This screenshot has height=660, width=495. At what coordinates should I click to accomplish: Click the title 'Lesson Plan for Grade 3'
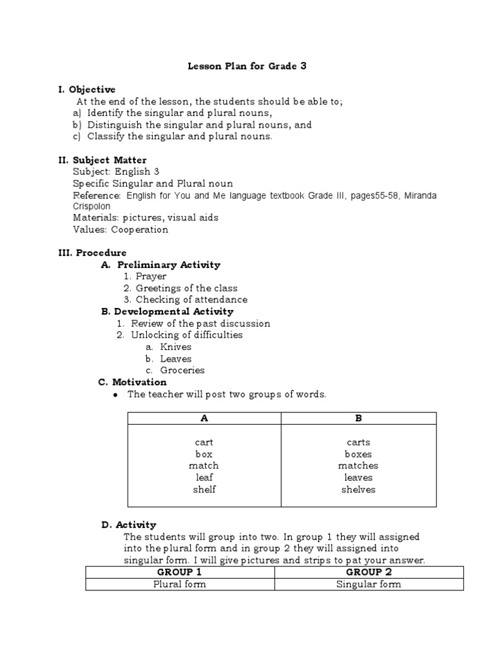tap(247, 66)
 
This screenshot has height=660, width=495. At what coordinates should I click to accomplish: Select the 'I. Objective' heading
tap(87, 90)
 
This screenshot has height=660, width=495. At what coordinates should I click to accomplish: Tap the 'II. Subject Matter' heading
tap(102, 160)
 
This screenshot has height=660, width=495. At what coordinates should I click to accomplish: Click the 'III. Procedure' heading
tap(92, 253)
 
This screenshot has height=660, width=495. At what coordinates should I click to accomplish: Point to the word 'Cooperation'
tap(139, 229)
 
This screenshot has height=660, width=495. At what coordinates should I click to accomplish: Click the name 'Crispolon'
tap(92, 206)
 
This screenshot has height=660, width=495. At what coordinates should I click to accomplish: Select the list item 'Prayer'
tap(151, 277)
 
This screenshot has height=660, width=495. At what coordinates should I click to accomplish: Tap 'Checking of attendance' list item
tap(191, 300)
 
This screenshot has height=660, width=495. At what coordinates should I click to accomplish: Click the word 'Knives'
tap(175, 347)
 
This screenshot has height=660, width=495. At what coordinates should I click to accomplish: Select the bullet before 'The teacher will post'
tap(115, 394)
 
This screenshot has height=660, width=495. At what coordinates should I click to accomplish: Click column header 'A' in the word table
tap(204, 418)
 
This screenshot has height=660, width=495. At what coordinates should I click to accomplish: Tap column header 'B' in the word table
tap(359, 418)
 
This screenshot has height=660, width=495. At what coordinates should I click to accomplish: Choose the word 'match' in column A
tap(204, 465)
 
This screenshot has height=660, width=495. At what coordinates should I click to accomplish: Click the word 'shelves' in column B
tap(358, 489)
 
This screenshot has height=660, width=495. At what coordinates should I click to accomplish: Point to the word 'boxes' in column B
tap(358, 454)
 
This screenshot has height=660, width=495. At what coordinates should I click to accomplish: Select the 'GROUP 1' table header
tap(180, 572)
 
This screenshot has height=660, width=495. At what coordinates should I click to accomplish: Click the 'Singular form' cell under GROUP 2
tap(369, 585)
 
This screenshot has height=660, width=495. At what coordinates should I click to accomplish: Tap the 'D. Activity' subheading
tap(128, 525)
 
